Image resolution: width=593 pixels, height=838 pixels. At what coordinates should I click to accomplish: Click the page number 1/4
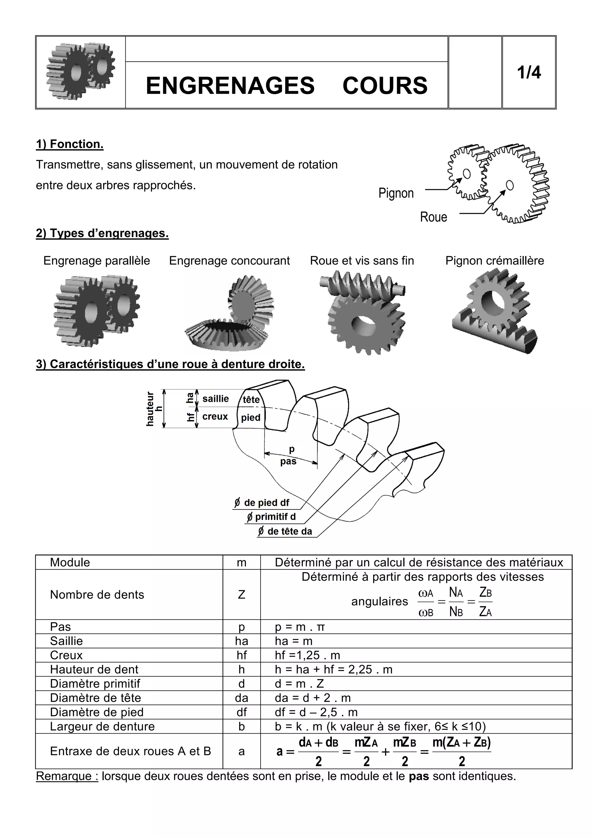click(529, 73)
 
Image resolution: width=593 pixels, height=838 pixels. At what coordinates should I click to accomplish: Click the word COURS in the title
click(385, 86)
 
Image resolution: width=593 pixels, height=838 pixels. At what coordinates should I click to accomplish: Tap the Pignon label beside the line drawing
click(396, 193)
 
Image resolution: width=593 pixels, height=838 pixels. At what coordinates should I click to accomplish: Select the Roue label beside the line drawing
click(433, 217)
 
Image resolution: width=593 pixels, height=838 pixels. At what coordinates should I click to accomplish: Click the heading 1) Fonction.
click(70, 144)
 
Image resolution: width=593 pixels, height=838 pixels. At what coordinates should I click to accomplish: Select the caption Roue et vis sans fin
click(362, 261)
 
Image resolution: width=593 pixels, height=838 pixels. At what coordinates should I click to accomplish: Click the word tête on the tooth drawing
click(251, 400)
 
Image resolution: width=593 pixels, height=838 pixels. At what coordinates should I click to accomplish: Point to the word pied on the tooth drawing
click(251, 418)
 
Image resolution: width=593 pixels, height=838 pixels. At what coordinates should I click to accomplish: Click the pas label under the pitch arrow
click(288, 462)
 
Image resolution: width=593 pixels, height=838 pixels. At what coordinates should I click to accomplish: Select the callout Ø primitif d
click(271, 517)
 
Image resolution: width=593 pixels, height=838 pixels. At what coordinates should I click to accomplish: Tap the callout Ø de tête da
click(285, 531)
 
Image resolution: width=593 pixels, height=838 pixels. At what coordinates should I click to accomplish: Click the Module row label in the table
click(70, 563)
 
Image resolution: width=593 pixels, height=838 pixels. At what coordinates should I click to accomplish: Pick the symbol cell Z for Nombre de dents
click(241, 595)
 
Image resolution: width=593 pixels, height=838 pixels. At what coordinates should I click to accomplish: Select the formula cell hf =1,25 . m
click(308, 655)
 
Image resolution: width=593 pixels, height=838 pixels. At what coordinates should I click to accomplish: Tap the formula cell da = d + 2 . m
click(312, 698)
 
